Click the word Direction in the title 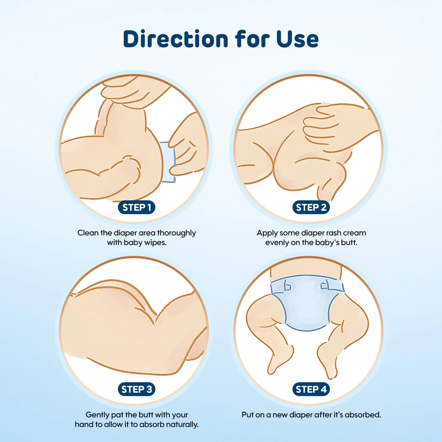point(176,39)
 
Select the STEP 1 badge point(136,207)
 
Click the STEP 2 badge point(311,207)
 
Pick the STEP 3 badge point(136,389)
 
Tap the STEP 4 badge point(311,389)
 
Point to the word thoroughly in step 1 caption point(177,233)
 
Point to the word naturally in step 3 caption point(181,425)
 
